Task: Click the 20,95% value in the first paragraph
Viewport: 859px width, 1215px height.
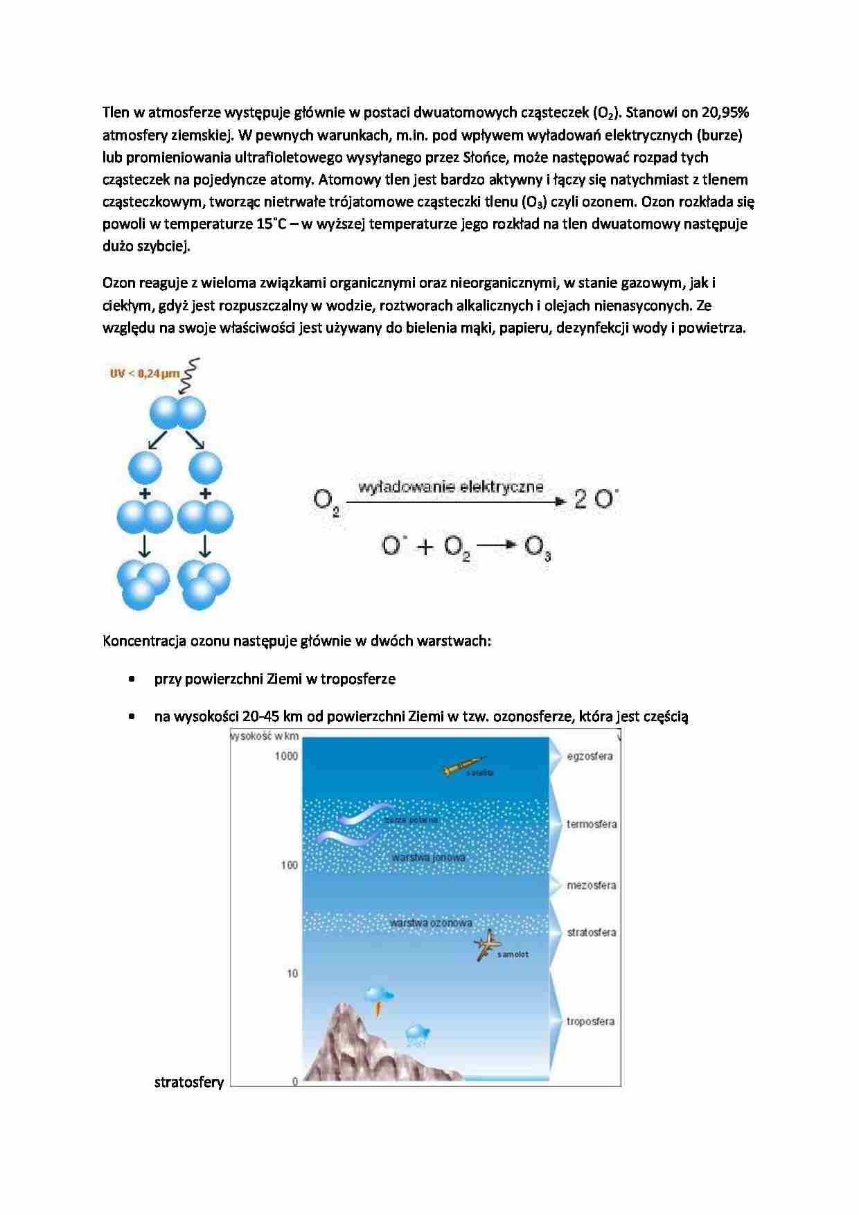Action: point(725,112)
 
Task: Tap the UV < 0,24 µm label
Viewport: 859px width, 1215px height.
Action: point(144,373)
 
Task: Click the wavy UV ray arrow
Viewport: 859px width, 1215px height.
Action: point(191,374)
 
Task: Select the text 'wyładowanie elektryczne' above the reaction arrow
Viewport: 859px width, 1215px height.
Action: point(451,486)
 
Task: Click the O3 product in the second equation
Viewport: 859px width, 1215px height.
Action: point(538,547)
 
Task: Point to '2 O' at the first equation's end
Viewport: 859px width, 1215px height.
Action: point(595,499)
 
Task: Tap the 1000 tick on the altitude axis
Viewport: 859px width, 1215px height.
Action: point(286,756)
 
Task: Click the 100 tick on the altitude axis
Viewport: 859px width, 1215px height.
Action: point(289,864)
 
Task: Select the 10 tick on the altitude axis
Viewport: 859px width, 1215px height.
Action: point(292,973)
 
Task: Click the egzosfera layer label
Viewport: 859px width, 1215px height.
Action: point(590,756)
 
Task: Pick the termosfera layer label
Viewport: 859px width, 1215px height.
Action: point(592,824)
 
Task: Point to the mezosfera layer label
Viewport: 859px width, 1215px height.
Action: point(591,885)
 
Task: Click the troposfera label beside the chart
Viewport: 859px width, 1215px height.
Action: point(590,1021)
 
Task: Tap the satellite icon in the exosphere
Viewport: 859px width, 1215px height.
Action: point(463,767)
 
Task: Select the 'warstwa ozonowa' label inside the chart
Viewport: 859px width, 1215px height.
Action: point(430,923)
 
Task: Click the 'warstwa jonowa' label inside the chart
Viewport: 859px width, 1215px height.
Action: point(428,858)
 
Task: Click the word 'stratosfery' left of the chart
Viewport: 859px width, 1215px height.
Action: point(188,1082)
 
